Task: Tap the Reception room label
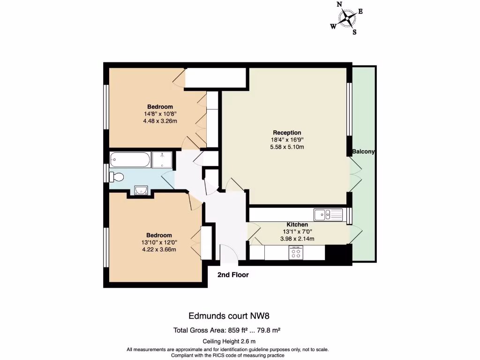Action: point(286,133)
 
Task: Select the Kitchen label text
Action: point(297,225)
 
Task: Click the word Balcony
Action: point(364,152)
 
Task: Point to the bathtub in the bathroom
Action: point(130,160)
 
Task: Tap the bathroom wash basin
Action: point(141,190)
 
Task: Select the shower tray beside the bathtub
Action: point(163,160)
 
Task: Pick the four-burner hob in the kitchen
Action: point(296,253)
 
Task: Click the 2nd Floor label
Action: point(233,275)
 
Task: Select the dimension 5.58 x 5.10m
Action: point(287,147)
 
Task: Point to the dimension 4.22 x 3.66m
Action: point(159,249)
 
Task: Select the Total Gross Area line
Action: point(227,330)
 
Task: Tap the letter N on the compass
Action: point(339,5)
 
